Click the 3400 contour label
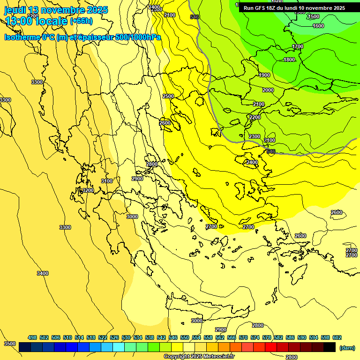point(43,273)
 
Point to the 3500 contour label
point(9,344)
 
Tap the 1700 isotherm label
point(298,46)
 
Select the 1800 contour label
point(289,60)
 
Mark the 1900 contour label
point(264,75)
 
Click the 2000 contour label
point(268,90)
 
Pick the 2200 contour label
point(255,117)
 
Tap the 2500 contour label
point(168,96)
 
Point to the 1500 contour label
point(314,16)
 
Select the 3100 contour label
point(107,181)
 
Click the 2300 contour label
point(255,136)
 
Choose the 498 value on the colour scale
point(32,337)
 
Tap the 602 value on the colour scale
point(337,337)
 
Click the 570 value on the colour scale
point(243,337)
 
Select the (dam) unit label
point(347,347)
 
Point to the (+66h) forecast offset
point(81,21)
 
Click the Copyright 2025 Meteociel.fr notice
point(199,357)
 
